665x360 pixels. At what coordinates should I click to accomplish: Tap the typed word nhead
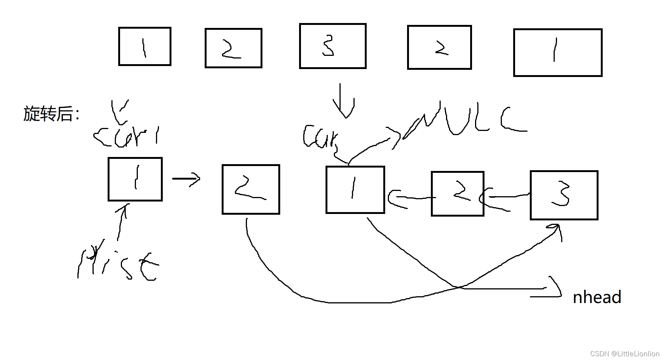(x=597, y=297)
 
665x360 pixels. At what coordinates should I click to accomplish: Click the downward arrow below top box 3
(x=343, y=101)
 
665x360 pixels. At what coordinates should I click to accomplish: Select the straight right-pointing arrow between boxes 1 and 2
(x=186, y=178)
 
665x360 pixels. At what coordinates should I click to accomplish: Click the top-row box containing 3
(x=333, y=46)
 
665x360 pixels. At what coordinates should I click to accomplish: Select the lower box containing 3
(x=564, y=195)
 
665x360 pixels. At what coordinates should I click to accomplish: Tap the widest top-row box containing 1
(x=558, y=52)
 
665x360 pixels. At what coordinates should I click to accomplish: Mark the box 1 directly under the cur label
(x=355, y=190)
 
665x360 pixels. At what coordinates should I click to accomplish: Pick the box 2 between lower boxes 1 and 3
(x=457, y=194)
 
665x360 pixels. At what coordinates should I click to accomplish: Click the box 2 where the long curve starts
(x=251, y=189)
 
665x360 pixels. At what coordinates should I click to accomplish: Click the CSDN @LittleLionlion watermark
(x=624, y=354)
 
